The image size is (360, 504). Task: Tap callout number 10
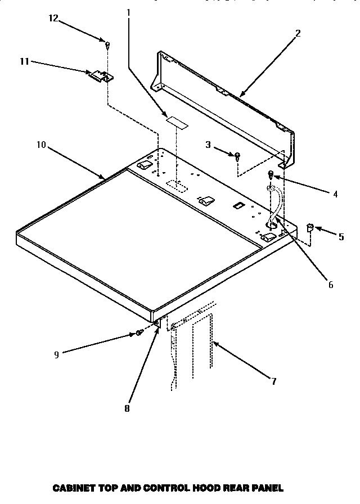coord(40,145)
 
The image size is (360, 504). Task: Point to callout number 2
coord(298,33)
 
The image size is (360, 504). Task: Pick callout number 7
coord(273,381)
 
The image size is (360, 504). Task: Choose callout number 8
coord(127,408)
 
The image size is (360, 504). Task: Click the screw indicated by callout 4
coord(271,174)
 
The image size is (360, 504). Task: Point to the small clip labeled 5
coord(309,227)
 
